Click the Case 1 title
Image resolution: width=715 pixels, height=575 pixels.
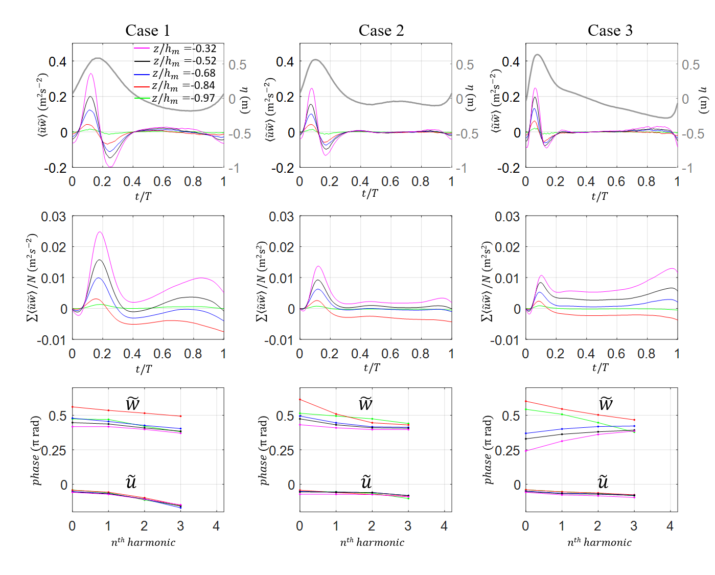coord(148,31)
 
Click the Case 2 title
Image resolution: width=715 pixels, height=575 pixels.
coord(381,31)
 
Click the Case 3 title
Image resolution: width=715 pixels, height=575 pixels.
coord(610,31)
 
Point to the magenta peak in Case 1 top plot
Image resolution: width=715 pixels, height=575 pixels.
coord(91,74)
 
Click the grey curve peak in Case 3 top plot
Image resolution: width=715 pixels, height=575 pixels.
coord(537,55)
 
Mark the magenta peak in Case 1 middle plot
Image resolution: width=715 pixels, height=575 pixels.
coord(100,233)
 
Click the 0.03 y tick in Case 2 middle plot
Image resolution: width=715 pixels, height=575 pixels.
coord(281,217)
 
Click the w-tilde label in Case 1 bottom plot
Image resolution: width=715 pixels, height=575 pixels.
coord(132,404)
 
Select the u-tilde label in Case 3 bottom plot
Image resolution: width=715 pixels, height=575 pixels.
coord(603,481)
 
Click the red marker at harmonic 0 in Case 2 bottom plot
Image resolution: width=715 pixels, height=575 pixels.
coord(300,400)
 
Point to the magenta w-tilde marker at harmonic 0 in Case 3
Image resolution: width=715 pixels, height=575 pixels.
coord(526,451)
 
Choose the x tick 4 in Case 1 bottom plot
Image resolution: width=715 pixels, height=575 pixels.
coord(216,526)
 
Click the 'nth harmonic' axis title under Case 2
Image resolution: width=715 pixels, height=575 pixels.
coord(372,542)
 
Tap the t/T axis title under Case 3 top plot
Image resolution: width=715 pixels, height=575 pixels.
coord(600,196)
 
